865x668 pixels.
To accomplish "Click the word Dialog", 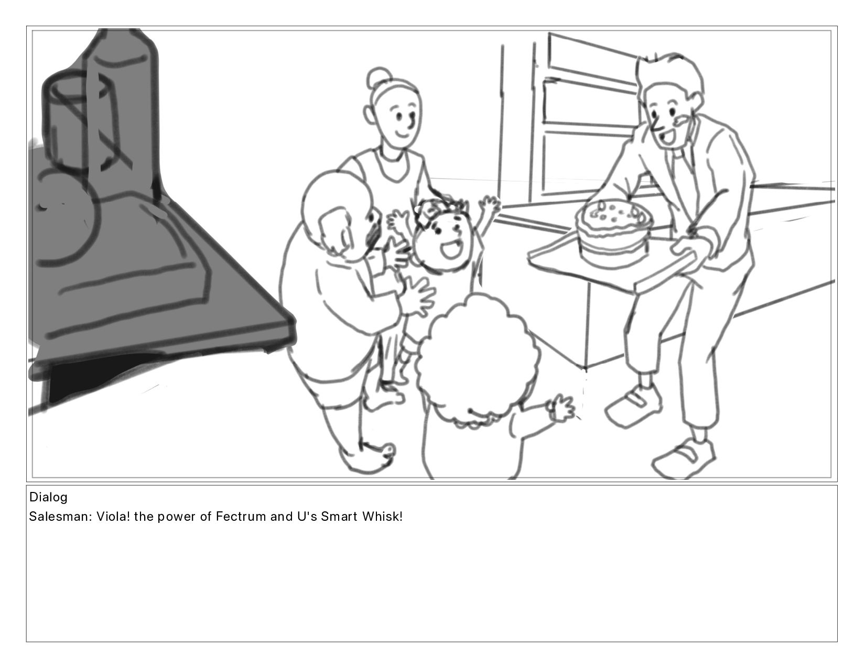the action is coord(49,497).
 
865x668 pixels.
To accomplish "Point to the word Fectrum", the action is coord(241,517).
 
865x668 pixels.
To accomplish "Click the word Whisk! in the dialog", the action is coord(383,517).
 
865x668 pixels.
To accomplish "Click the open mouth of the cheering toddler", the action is coord(451,249).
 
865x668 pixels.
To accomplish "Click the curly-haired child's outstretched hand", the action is coord(561,407).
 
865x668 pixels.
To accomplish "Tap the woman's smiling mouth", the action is coord(403,133).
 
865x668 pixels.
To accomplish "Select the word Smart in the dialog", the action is coord(339,517).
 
